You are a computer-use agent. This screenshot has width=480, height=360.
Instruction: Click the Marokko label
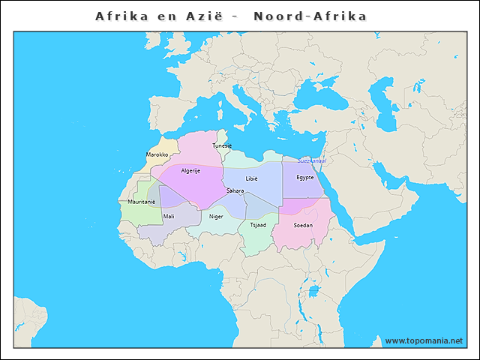point(157,154)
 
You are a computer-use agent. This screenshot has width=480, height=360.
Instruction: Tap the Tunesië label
point(222,145)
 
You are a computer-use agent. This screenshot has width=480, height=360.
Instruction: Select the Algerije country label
point(190,171)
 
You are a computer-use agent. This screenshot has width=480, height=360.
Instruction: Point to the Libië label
point(251,178)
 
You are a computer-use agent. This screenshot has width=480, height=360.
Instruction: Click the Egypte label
point(304,178)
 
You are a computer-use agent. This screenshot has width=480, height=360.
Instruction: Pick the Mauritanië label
point(141,202)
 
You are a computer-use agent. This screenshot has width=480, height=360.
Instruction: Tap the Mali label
point(169,216)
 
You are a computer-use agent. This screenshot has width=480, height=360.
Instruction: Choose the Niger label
point(216,216)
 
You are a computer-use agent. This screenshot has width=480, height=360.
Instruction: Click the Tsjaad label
point(258,224)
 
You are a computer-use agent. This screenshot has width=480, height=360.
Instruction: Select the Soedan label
point(304,225)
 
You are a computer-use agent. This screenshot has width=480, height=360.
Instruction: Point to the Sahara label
point(235,190)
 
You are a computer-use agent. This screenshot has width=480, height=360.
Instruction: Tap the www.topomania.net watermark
point(424,341)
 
